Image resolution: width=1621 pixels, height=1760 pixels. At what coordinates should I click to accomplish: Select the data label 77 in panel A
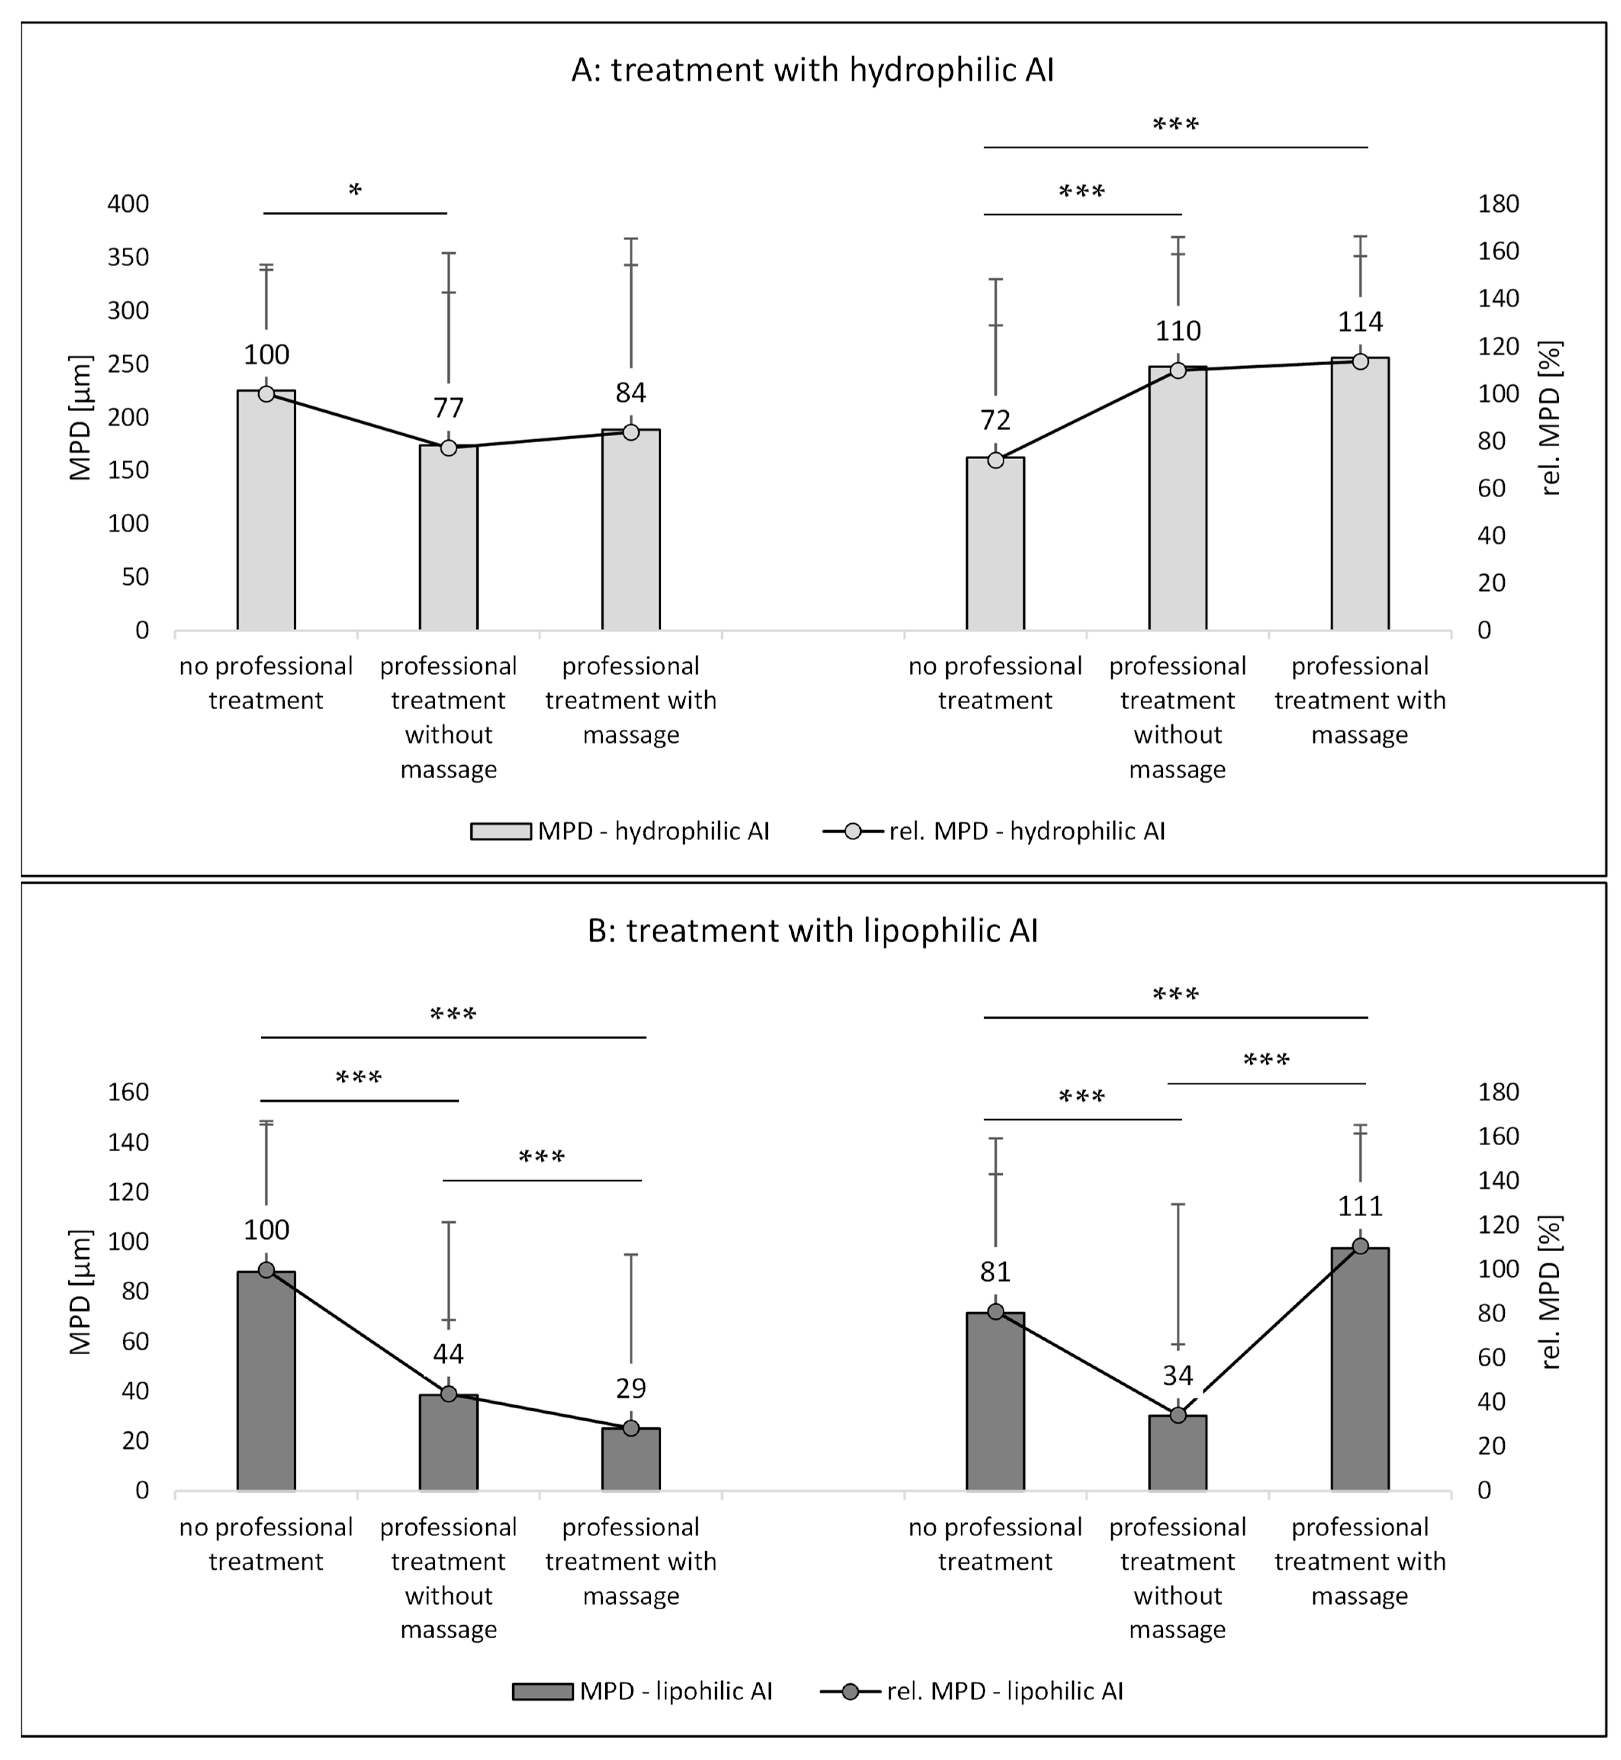[448, 409]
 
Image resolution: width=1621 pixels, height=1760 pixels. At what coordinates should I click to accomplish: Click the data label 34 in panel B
[1177, 1376]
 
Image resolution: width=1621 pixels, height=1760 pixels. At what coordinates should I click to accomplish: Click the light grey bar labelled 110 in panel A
[1177, 500]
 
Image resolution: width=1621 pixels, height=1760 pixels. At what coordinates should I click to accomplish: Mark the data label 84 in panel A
[631, 393]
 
